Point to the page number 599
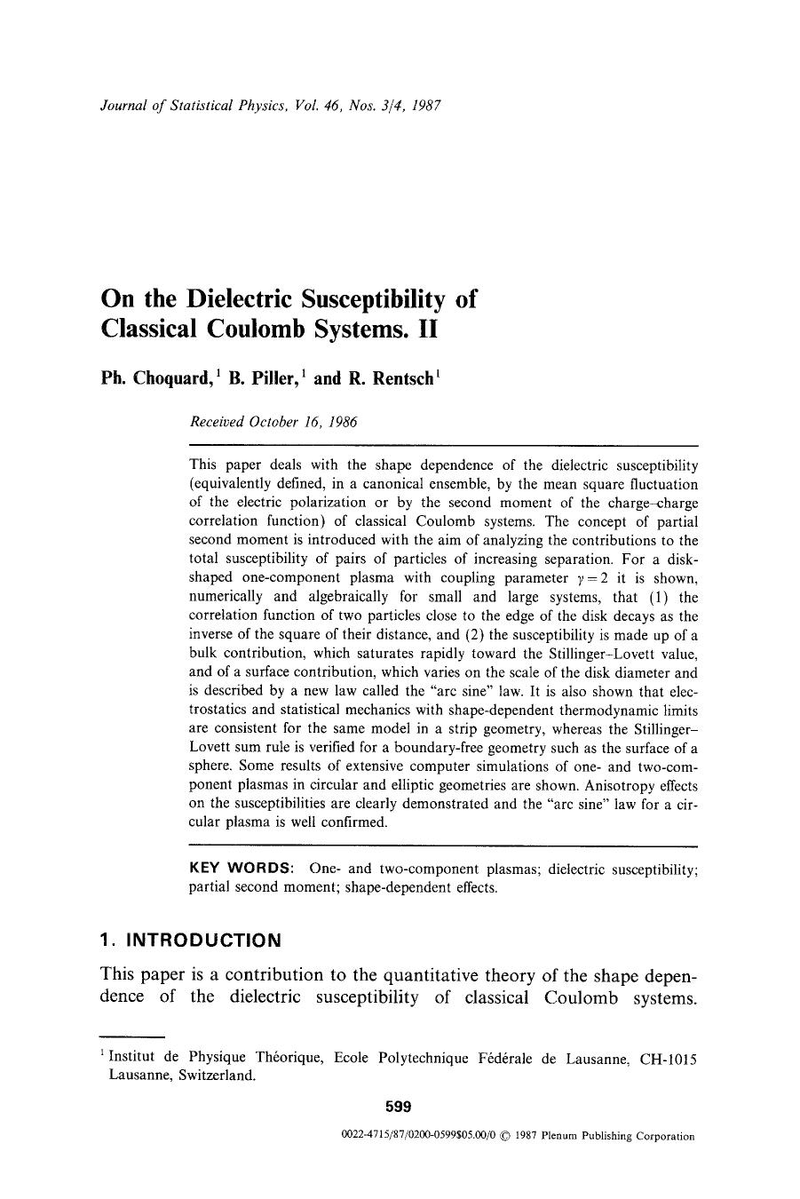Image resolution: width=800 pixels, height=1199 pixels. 399,1107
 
